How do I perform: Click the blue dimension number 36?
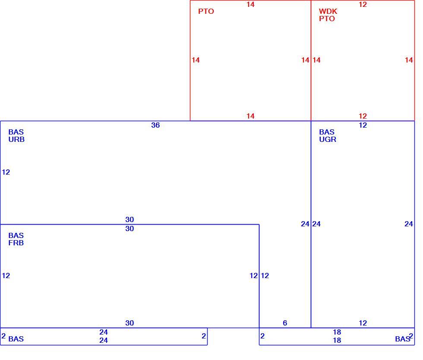click(x=155, y=125)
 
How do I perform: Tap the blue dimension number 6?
click(x=285, y=323)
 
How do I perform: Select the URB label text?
click(x=16, y=139)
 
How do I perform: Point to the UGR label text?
click(x=328, y=139)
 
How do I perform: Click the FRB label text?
click(x=16, y=243)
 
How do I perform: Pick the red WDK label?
click(x=328, y=11)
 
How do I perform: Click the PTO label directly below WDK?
click(x=327, y=19)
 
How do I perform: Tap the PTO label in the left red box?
click(x=206, y=11)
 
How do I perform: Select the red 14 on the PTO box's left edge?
click(x=196, y=60)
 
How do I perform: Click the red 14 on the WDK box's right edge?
click(x=409, y=60)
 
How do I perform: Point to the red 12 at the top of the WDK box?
click(x=363, y=4)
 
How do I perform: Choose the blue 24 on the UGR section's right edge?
click(x=409, y=224)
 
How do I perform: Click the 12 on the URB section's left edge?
click(x=6, y=172)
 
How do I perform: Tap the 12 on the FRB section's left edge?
click(x=6, y=275)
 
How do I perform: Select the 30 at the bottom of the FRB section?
click(x=129, y=323)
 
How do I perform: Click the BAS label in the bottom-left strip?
click(x=16, y=339)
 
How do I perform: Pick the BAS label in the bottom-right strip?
click(x=402, y=339)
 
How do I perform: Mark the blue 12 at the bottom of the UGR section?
click(x=363, y=323)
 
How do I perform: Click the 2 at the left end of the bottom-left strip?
click(x=3, y=336)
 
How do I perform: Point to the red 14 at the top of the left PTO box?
click(x=250, y=4)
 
